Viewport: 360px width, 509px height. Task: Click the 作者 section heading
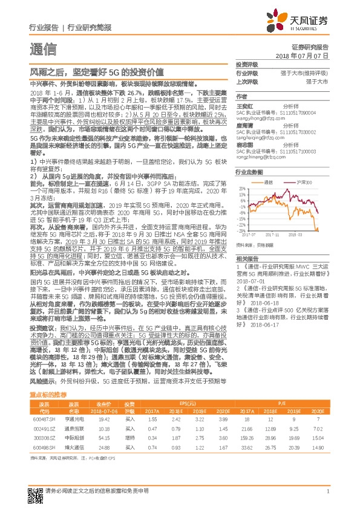click(x=241, y=96)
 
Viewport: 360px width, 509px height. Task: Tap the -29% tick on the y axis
click(x=241, y=230)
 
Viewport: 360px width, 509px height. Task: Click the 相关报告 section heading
click(x=246, y=258)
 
